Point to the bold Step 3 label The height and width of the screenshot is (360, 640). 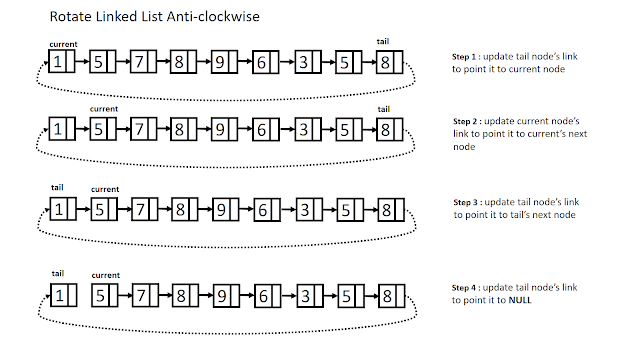point(473,202)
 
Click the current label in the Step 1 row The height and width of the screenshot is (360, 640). point(62,45)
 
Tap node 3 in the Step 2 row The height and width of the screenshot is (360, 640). point(300,129)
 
